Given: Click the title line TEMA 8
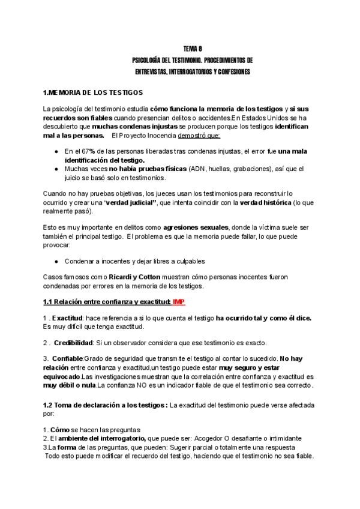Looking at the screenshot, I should (x=193, y=49).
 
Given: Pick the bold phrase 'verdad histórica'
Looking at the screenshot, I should (x=268, y=203).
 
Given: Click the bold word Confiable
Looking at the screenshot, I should (x=71, y=359).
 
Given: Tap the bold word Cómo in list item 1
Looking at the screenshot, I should (x=61, y=430).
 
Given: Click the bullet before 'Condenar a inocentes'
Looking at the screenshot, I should (x=56, y=261).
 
